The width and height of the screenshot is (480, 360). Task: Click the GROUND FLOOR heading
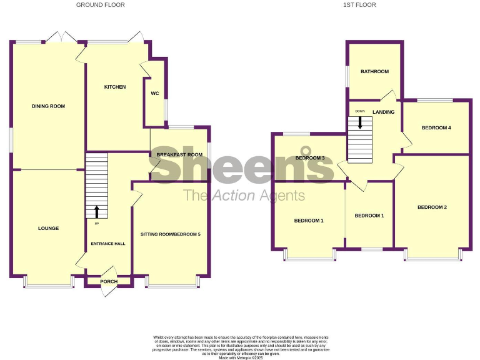click(100, 5)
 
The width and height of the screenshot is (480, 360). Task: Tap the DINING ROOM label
click(48, 106)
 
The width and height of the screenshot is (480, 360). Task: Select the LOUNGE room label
click(48, 228)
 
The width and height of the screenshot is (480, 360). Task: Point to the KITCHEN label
click(115, 87)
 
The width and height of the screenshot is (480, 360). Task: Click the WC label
click(155, 94)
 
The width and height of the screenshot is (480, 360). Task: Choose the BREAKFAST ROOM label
click(179, 154)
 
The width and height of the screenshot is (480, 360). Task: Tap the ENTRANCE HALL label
click(109, 244)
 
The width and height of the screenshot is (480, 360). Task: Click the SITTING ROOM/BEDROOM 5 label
click(171, 234)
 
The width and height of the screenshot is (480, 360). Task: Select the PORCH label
click(109, 281)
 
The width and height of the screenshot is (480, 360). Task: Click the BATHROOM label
click(374, 71)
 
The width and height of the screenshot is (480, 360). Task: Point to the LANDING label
click(383, 112)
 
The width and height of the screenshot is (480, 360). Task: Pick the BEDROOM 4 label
click(436, 127)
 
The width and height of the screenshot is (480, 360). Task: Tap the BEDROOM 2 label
click(432, 207)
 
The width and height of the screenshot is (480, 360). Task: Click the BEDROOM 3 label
click(310, 158)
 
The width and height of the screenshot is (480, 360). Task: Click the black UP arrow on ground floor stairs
click(97, 212)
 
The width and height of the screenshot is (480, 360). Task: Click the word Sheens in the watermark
click(244, 165)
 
